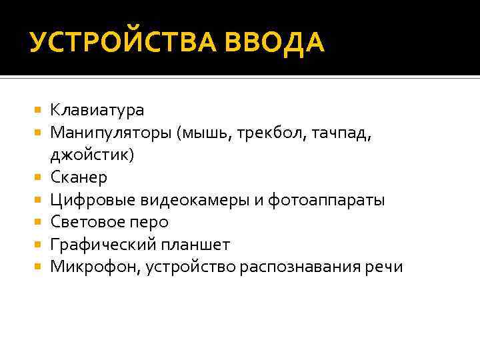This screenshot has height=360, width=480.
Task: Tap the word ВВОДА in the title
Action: pyautogui.click(x=278, y=43)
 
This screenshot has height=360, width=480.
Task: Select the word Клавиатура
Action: pyautogui.click(x=97, y=109)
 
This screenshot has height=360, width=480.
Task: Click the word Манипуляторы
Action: pyautogui.click(x=111, y=132)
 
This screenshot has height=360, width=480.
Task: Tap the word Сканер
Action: pyautogui.click(x=79, y=178)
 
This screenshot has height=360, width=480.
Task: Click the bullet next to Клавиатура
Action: pyautogui.click(x=38, y=109)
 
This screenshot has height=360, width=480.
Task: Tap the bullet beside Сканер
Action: pyautogui.click(x=38, y=178)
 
